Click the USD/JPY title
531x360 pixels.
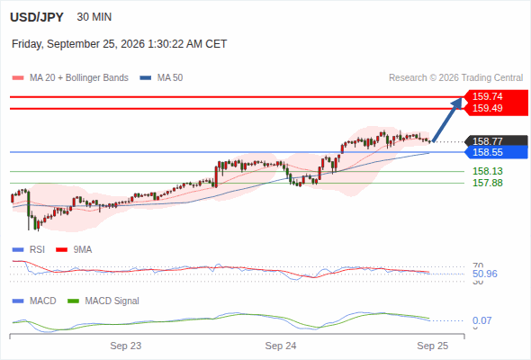[x=37, y=17]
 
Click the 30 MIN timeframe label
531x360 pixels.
[x=94, y=17]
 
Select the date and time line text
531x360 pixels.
[x=119, y=44]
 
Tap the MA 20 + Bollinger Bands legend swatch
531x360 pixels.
[x=18, y=78]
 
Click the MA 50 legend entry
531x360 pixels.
[x=161, y=78]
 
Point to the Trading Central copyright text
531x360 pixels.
[x=455, y=78]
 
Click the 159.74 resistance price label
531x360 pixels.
[x=487, y=96]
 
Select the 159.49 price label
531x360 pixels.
[x=487, y=108]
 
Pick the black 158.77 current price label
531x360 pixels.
[x=487, y=141]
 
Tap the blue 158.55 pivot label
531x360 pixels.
[x=487, y=152]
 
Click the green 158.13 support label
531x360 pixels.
[x=487, y=171]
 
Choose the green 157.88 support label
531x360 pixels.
[x=487, y=184]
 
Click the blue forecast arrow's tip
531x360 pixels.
[x=462, y=97]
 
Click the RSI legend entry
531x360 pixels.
[x=29, y=250]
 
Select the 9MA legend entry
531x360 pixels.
[x=74, y=250]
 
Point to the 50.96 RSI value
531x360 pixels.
[x=485, y=274]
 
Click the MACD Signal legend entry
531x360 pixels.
[x=103, y=301]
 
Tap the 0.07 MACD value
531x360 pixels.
[x=481, y=320]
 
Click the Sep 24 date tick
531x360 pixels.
[x=281, y=346]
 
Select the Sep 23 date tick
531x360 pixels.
[x=126, y=346]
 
